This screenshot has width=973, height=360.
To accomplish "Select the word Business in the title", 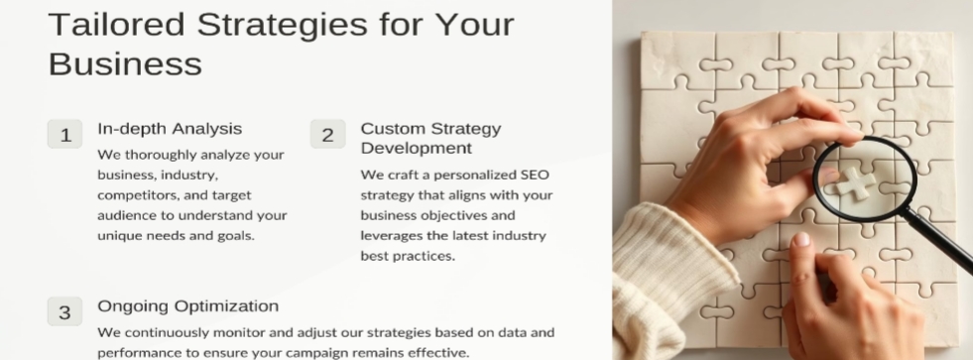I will [125, 64].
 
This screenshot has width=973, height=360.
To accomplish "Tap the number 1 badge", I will [65, 135].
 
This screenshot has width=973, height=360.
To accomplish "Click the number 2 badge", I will [327, 135].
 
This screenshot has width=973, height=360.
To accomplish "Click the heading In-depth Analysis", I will [170, 129].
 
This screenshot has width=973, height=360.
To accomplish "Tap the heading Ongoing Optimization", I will [187, 306].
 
